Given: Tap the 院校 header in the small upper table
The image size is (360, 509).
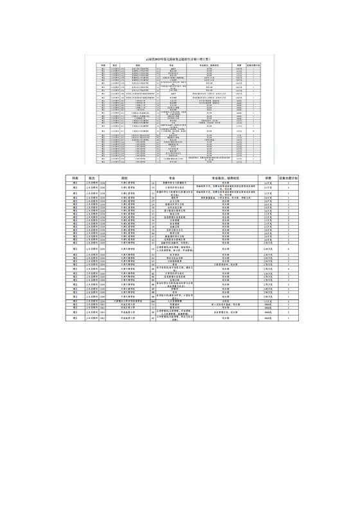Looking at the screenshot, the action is tap(138, 66).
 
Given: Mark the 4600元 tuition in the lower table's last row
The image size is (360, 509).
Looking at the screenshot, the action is tap(267, 318).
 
